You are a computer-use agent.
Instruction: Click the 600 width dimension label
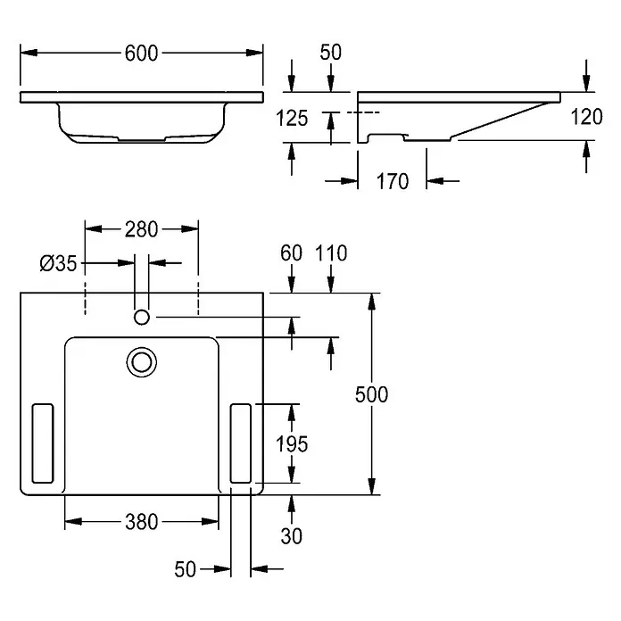pyautogui.click(x=141, y=53)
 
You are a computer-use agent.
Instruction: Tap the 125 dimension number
pyautogui.click(x=292, y=119)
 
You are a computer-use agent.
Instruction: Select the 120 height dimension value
pyautogui.click(x=586, y=117)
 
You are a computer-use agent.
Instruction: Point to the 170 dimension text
pyautogui.click(x=393, y=181)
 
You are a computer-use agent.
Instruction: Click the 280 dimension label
pyautogui.click(x=141, y=229)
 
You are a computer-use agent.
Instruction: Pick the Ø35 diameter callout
pyautogui.click(x=58, y=263)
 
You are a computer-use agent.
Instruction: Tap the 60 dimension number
pyautogui.click(x=292, y=253)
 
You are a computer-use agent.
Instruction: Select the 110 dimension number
pyautogui.click(x=331, y=253)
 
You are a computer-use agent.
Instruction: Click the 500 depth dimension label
pyautogui.click(x=371, y=394)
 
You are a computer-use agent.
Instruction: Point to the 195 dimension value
pyautogui.click(x=292, y=444)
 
